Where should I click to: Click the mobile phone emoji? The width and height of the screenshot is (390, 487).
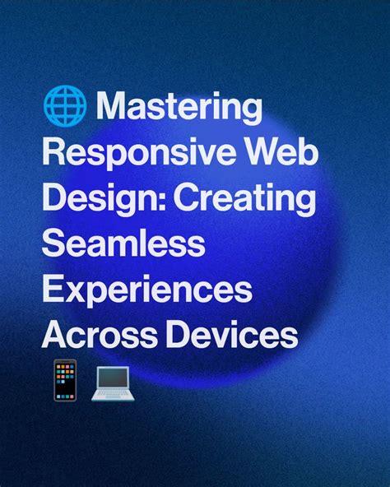63,379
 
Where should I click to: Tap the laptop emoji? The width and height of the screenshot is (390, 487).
109,381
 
